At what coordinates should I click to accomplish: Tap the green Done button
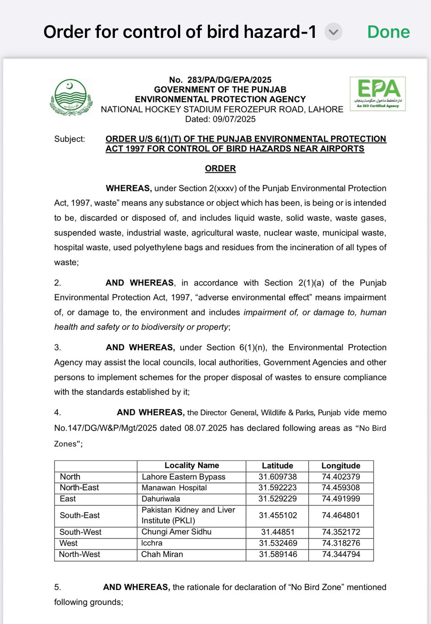click(x=388, y=32)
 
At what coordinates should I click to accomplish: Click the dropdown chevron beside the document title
click(x=333, y=32)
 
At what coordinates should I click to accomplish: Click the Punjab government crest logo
click(x=71, y=97)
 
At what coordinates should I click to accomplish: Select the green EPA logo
click(x=378, y=94)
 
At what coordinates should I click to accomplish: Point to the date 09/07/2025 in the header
click(x=234, y=119)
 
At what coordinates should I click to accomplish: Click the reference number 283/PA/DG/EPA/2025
click(x=229, y=80)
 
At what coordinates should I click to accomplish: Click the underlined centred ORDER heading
click(x=220, y=168)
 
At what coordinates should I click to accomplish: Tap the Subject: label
click(x=69, y=139)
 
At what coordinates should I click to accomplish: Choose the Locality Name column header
click(x=191, y=466)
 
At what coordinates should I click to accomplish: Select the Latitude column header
click(x=277, y=466)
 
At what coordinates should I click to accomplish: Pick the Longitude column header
click(x=341, y=466)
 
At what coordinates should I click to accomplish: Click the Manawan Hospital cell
click(x=174, y=488)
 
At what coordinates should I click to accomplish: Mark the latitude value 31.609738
click(x=277, y=477)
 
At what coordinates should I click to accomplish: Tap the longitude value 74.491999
click(x=341, y=499)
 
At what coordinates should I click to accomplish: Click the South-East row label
click(x=79, y=516)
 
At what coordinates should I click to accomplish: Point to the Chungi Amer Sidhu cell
click(x=176, y=532)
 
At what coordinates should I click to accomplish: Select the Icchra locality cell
click(x=152, y=543)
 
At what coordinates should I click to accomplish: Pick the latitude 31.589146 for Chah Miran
click(x=278, y=555)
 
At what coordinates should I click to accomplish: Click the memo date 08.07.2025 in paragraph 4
click(x=205, y=428)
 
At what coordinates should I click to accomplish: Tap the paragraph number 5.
click(x=57, y=587)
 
